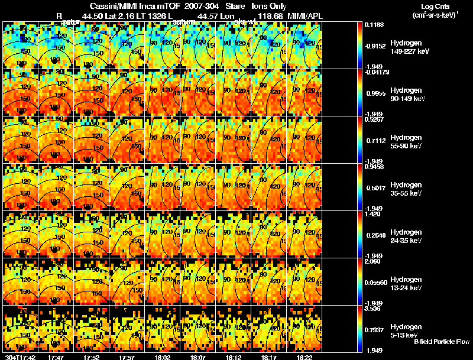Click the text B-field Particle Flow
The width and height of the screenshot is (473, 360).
coord(441,342)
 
